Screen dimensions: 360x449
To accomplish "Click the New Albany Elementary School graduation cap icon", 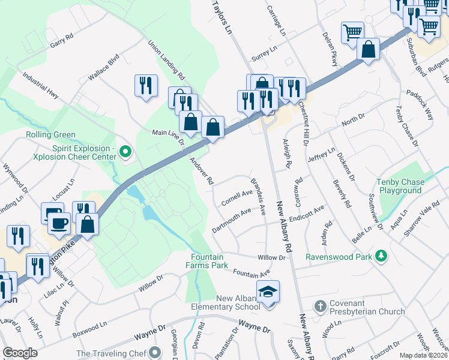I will click(267, 292).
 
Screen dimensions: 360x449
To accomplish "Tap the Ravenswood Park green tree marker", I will click(379, 256).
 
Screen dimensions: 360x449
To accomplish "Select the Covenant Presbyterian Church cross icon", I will click(320, 307).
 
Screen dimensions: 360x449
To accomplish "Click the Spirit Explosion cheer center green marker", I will click(125, 151).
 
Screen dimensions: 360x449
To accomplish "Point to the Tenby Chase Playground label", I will click(399, 186).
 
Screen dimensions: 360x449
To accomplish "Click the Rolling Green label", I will click(51, 134).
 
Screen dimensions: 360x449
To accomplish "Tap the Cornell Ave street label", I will click(237, 196).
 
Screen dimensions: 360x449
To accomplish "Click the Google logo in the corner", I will click(20, 353).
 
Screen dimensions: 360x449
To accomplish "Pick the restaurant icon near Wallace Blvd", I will click(146, 86).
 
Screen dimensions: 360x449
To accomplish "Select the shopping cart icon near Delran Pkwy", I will click(352, 32).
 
